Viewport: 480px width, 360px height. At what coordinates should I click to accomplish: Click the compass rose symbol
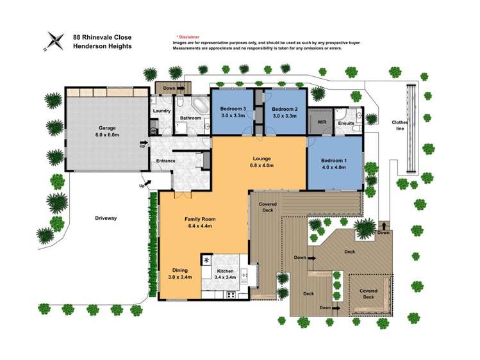tap(54, 41)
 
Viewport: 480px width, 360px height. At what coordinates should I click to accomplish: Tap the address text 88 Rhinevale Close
tap(103, 37)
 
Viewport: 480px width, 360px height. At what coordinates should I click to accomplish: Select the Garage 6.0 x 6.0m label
tap(107, 131)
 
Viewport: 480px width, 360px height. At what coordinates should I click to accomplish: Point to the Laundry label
tap(161, 111)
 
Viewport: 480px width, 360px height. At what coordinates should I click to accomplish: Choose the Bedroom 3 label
tap(233, 109)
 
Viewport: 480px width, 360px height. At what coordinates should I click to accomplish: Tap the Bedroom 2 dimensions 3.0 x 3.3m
tap(285, 116)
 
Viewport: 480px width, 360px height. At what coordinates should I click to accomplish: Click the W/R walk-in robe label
tap(322, 122)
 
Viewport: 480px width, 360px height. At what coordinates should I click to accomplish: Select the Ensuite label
tap(346, 123)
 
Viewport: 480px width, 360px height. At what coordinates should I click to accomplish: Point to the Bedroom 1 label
tap(334, 161)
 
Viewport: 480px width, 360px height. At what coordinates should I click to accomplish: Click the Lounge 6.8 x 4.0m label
tap(261, 162)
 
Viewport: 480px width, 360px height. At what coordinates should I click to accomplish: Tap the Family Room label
tap(200, 219)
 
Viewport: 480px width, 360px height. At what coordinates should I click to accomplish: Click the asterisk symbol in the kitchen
tap(206, 260)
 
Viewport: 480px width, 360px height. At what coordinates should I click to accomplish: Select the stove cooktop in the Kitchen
tap(231, 295)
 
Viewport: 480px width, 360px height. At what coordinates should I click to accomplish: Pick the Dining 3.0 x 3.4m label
tap(180, 274)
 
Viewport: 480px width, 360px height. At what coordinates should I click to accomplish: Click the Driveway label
tap(106, 218)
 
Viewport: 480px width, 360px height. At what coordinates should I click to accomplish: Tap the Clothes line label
tap(400, 126)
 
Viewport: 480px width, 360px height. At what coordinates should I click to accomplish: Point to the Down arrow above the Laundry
tap(181, 88)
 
